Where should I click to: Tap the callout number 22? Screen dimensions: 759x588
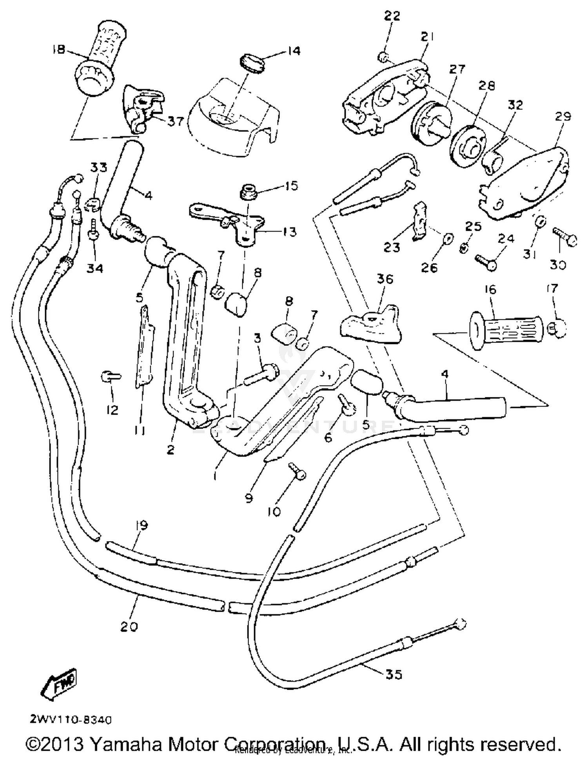(x=392, y=16)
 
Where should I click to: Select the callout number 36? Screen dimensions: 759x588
(x=385, y=279)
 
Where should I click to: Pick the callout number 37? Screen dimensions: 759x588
(x=175, y=121)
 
